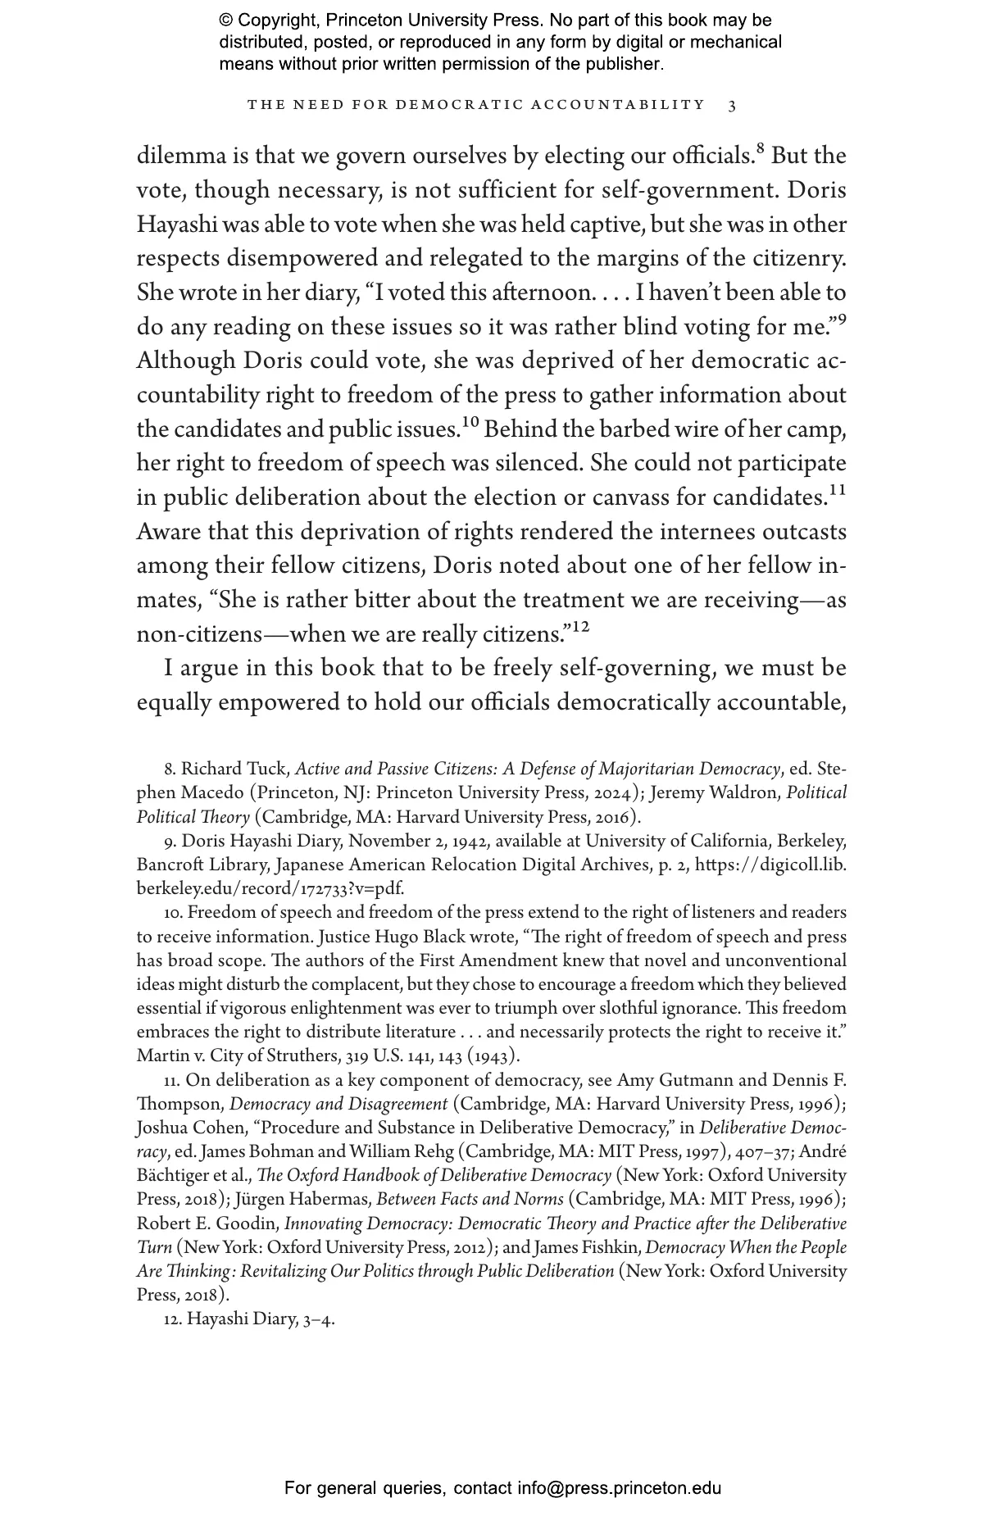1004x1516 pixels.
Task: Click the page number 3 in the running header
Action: pyautogui.click(x=732, y=105)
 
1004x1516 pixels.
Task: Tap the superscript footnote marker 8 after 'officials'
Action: pyautogui.click(x=760, y=149)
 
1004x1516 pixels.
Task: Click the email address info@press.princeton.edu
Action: pyautogui.click(x=619, y=1488)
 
